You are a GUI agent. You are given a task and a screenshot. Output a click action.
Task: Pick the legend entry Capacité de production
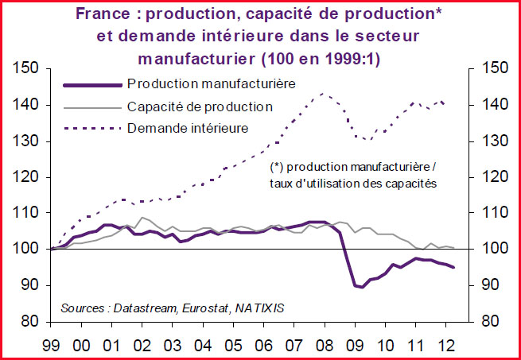coord(200,106)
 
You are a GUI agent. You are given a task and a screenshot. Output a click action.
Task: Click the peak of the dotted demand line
coord(323,93)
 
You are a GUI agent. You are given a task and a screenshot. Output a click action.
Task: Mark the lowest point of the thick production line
coord(363,287)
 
